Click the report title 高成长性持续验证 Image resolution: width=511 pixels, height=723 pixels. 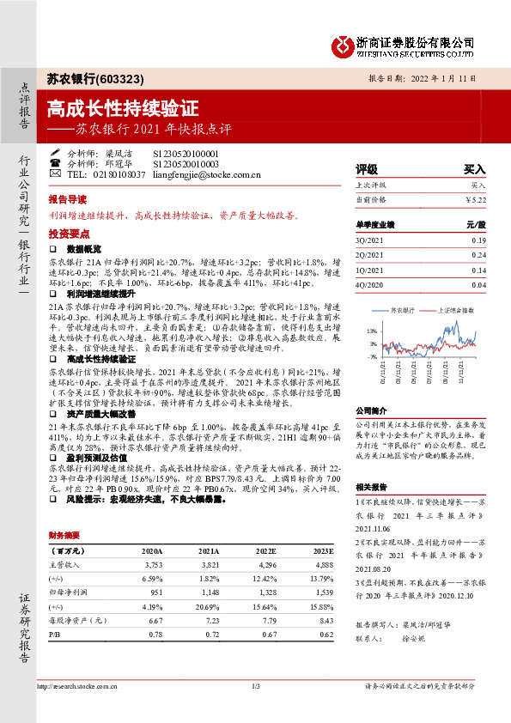tap(123, 109)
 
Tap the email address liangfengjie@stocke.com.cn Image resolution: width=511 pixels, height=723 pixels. tap(206, 174)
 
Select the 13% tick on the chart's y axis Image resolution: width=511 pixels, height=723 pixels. tap(372, 331)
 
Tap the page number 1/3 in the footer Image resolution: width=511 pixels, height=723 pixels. tap(255, 686)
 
